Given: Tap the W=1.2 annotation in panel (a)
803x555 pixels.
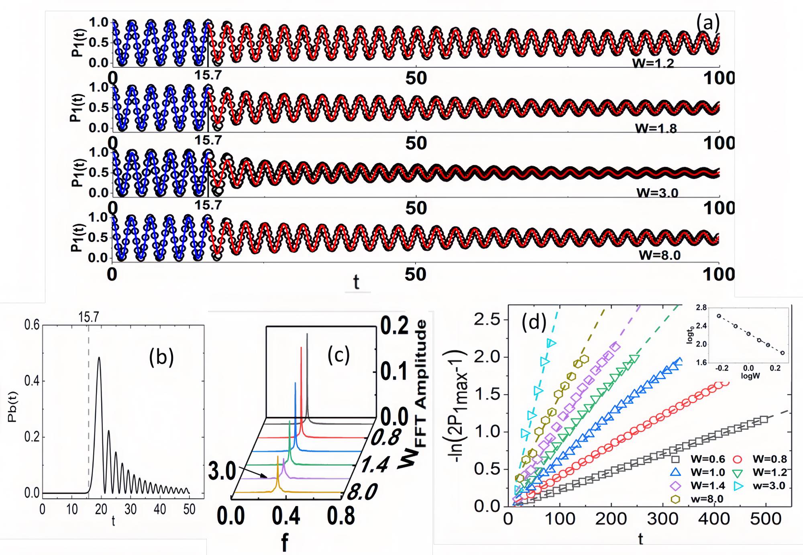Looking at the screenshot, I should [x=653, y=63].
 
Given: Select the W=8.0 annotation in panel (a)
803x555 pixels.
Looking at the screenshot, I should [x=660, y=255].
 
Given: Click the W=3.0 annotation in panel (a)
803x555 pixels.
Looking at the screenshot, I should [x=657, y=193].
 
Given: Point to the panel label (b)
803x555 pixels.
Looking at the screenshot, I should [x=161, y=357].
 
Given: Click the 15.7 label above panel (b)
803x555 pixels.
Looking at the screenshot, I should [x=88, y=317].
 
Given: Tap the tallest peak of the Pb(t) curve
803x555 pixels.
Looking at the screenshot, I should [x=99, y=358].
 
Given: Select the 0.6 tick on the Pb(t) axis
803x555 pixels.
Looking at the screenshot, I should [x=32, y=325].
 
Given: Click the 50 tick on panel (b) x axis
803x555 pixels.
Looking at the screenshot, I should [x=189, y=510].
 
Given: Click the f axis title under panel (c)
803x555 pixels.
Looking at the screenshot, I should [x=285, y=543].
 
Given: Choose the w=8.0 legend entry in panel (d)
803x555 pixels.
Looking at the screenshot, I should [x=699, y=499].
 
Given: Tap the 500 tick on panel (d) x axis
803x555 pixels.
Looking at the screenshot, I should [x=765, y=519].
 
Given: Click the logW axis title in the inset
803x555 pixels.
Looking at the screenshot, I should [x=750, y=376].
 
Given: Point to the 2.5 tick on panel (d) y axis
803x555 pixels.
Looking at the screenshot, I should [x=487, y=320].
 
